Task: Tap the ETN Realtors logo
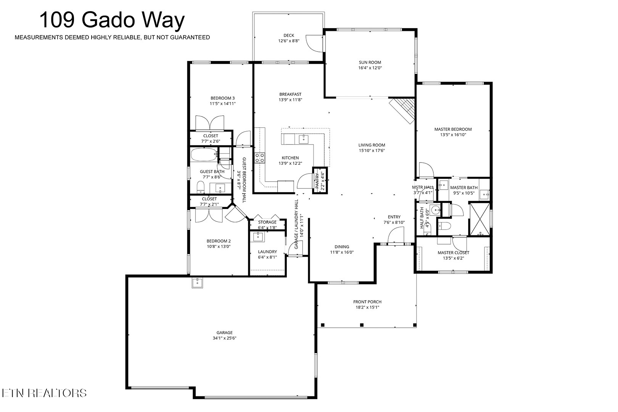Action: point(44,393)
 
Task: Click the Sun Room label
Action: point(370,62)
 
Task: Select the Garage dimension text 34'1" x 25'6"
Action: point(224,338)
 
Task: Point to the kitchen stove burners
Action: point(260,158)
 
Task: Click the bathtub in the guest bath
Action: point(204,155)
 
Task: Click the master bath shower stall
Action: point(480,219)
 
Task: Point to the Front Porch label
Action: point(367,302)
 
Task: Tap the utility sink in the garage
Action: point(197,283)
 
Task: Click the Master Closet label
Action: point(453,253)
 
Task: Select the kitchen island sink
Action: point(304,139)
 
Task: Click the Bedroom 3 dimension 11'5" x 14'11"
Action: point(222,104)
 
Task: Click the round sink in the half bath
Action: point(435,210)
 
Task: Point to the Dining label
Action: point(342,247)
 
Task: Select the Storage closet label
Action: point(267,222)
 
